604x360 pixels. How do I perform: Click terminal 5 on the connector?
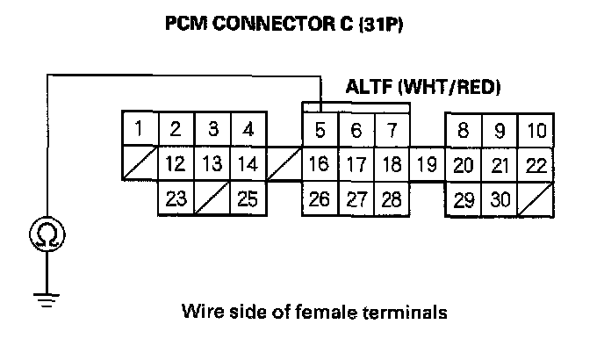point(320,131)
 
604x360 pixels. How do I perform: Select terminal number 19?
point(427,164)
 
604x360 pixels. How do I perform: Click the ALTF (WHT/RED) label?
point(423,88)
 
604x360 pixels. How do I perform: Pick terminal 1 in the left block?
point(139,130)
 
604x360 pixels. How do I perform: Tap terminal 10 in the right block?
point(536,131)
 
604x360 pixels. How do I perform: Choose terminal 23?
point(176,199)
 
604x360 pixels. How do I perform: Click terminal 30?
point(500,199)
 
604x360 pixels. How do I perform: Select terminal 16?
point(320,164)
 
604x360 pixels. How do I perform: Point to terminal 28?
point(392,199)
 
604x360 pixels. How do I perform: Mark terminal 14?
point(248,164)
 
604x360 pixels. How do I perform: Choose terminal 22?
point(536,164)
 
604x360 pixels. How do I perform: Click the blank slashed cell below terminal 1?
point(139,163)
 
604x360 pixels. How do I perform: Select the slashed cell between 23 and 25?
point(212,198)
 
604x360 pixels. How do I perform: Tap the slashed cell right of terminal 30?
point(536,198)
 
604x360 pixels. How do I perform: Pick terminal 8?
point(464,131)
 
